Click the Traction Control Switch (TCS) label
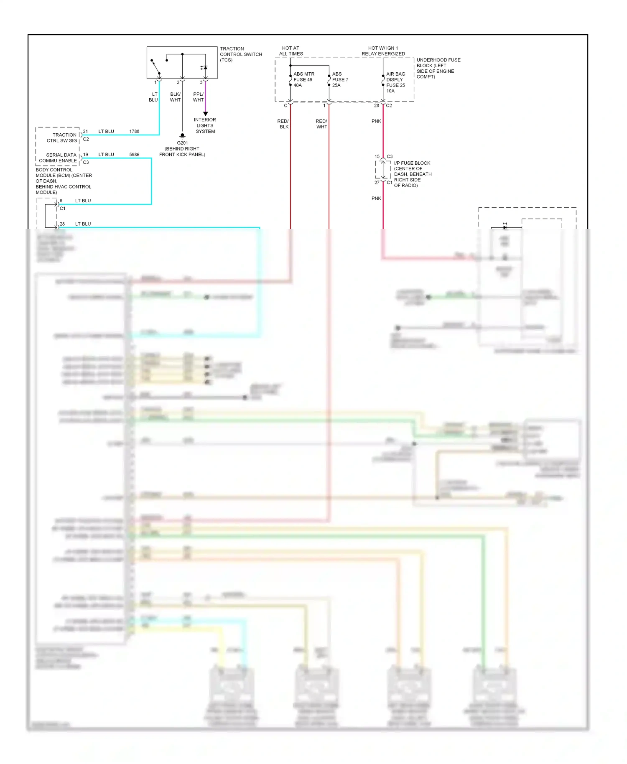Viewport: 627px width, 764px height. (240, 54)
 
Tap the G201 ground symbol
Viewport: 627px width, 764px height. (182, 136)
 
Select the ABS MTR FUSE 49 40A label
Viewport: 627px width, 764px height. (303, 79)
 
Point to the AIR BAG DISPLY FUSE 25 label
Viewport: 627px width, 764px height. (395, 82)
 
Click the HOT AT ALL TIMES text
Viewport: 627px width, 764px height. (291, 51)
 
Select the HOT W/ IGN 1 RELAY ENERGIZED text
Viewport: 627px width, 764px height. (383, 51)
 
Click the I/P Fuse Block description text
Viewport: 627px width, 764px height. (412, 174)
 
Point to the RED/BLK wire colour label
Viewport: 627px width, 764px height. (283, 124)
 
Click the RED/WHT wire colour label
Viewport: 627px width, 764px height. (321, 124)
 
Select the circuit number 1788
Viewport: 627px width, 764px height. (134, 131)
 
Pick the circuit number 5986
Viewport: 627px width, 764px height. (134, 155)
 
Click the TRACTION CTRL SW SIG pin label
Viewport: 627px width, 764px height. (62, 138)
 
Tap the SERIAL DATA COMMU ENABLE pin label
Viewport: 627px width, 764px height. (59, 158)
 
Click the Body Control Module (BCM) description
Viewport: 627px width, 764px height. (63, 181)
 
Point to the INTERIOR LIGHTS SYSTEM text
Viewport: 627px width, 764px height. (205, 125)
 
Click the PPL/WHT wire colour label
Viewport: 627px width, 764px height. (198, 97)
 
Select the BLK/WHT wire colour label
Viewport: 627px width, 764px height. (175, 97)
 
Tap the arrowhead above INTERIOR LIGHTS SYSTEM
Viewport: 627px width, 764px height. (205, 114)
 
